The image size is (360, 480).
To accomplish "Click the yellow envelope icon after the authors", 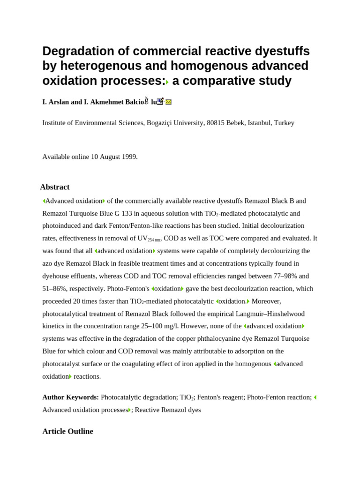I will tap(168, 102).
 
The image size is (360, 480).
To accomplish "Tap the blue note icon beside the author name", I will tap(160, 101).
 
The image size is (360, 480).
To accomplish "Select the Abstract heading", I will tap(55, 187).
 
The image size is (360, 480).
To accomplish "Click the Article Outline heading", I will tap(67, 431).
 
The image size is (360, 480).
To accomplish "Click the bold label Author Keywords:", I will tap(70, 397).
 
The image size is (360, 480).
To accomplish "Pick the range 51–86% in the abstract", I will tap(55, 289).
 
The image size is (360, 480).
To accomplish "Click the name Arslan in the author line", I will tap(59, 102).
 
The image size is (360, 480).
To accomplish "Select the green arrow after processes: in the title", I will tap(167, 82).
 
